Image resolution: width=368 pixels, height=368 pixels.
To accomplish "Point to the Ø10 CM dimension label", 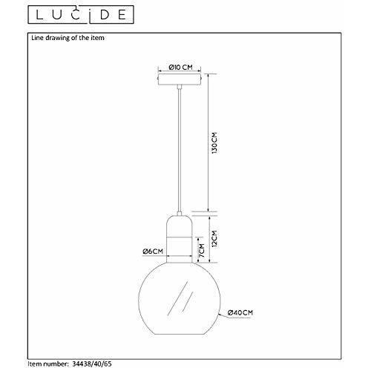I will coord(180,67).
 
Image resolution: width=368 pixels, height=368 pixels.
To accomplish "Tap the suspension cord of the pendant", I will coord(180,148).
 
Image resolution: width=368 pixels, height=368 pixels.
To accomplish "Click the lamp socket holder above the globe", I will coord(180,237).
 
